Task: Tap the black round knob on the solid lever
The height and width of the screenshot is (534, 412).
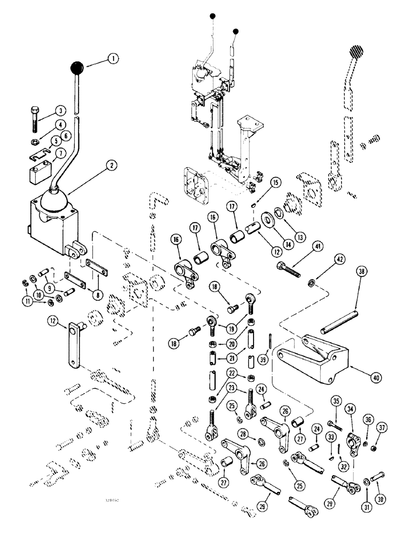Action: tap(78, 69)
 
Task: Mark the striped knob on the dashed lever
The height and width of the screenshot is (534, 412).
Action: tap(355, 54)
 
